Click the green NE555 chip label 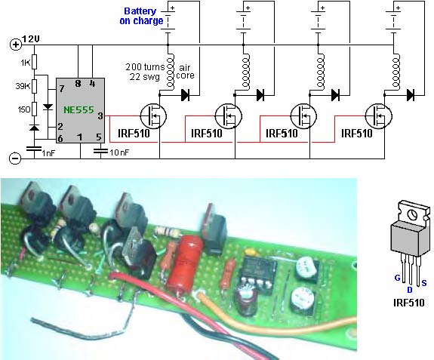point(79,110)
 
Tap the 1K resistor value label point(26,63)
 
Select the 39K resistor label point(23,86)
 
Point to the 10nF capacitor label point(119,152)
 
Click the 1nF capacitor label point(49,153)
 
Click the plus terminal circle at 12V point(16,45)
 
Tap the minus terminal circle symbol point(15,158)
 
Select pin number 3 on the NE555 point(100,116)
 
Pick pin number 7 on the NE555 point(62,88)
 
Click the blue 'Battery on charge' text point(141,16)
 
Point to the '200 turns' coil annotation point(145,66)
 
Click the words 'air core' point(185,72)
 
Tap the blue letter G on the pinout point(398,278)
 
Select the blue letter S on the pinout point(423,283)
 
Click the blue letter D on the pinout point(410,290)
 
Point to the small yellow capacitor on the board point(251,251)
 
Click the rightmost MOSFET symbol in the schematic point(378,116)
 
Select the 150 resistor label point(24,109)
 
